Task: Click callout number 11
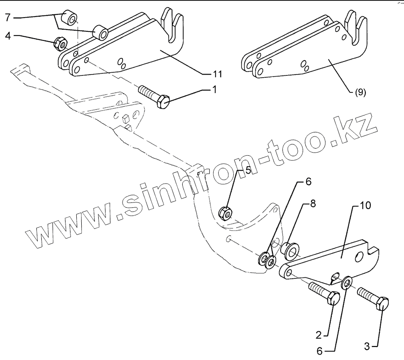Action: tap(218, 73)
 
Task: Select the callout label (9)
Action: tap(360, 92)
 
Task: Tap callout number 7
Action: tap(8, 18)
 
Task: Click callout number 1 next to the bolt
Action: tap(214, 89)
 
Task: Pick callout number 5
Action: tap(247, 170)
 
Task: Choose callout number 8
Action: tap(312, 203)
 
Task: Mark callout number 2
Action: tap(318, 334)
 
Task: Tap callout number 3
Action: tap(367, 346)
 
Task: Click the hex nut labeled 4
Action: tap(60, 44)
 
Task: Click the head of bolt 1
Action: tap(164, 101)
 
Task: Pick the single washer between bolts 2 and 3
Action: tap(347, 284)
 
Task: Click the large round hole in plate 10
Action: tap(359, 256)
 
